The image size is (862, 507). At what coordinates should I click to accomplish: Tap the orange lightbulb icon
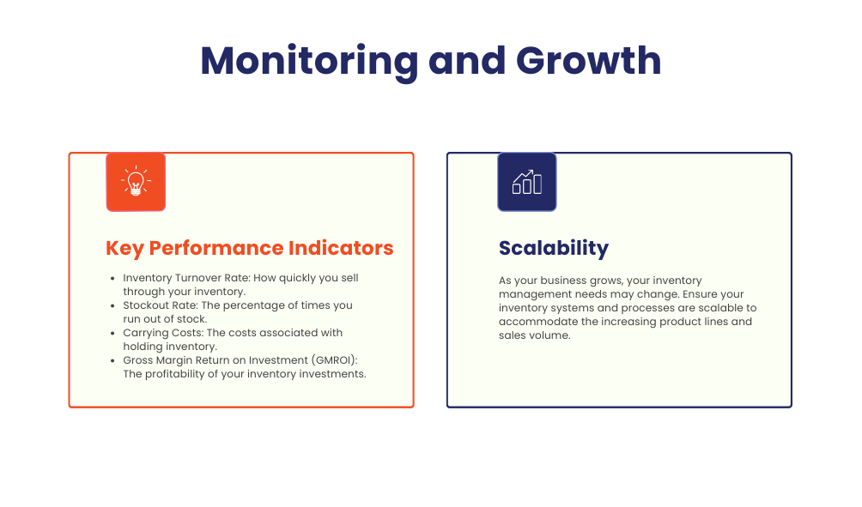[136, 182]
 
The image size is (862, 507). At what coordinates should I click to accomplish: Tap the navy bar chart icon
[527, 182]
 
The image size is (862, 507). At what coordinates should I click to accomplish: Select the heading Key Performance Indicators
[249, 248]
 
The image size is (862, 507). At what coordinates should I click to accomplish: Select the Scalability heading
[554, 248]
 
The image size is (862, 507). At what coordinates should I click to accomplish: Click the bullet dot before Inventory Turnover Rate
[112, 279]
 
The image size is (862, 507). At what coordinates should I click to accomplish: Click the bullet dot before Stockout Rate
[112, 305]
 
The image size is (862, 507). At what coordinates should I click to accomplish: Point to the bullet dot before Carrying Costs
[112, 333]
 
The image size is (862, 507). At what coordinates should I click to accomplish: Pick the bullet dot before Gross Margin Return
[112, 360]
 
